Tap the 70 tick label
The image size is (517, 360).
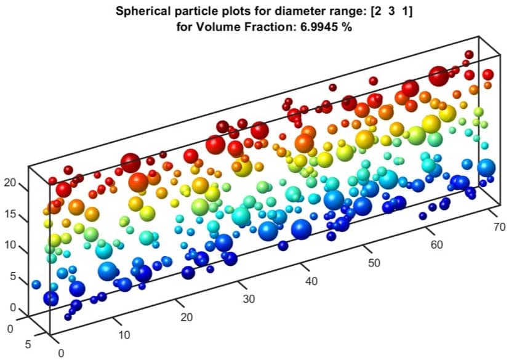(499, 227)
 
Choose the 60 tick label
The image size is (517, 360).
(436, 245)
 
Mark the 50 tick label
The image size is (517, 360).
(374, 263)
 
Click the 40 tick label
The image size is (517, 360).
(311, 281)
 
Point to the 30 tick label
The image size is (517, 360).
(249, 300)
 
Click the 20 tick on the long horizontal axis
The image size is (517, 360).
(186, 318)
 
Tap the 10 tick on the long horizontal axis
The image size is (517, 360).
(124, 335)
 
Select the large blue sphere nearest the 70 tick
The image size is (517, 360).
(486, 167)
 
